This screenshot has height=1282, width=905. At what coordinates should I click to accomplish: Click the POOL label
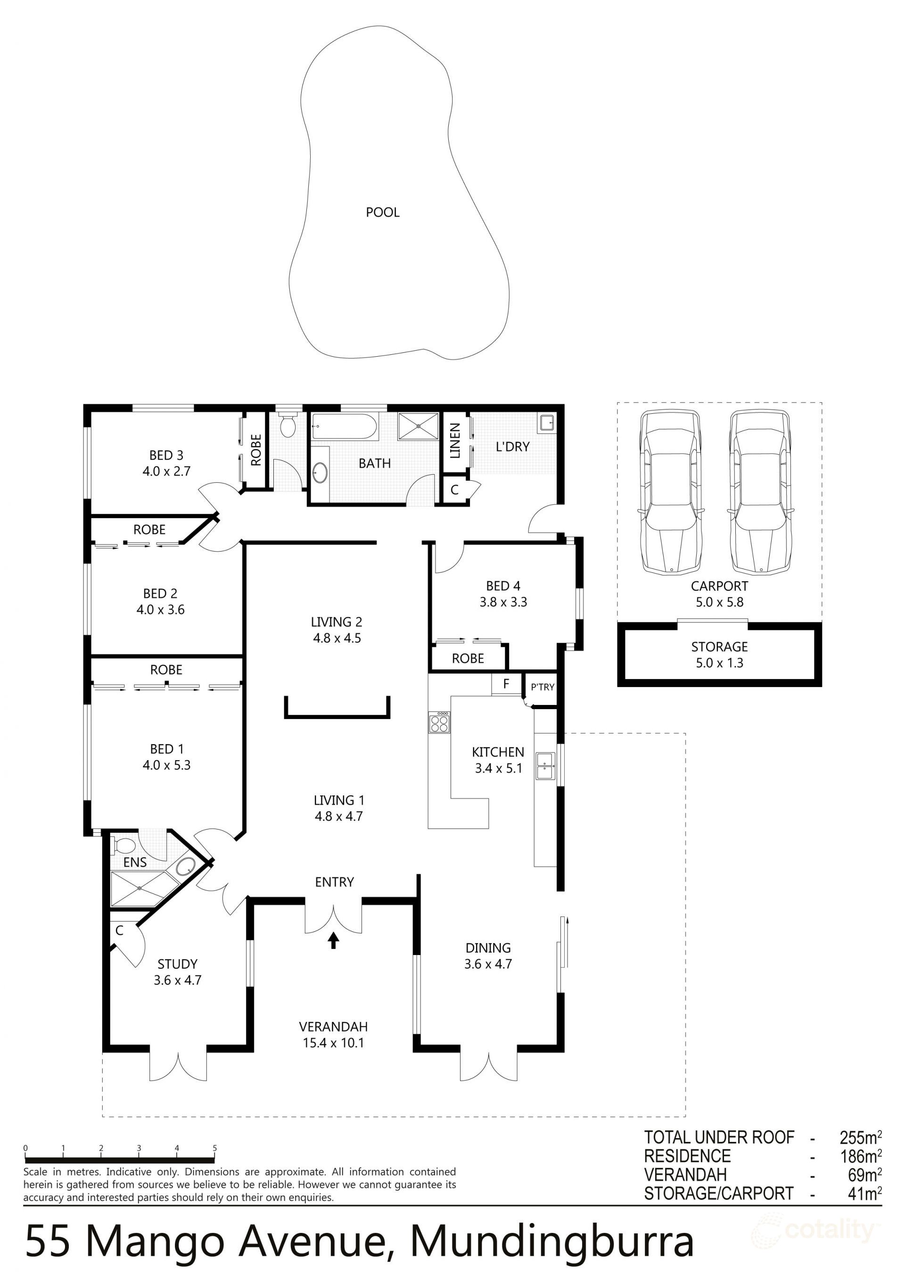point(382,212)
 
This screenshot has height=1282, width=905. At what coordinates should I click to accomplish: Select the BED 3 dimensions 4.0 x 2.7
point(166,471)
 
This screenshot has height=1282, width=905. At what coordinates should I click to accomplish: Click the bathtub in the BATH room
point(344,427)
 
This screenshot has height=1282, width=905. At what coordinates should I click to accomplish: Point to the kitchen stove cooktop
point(439,723)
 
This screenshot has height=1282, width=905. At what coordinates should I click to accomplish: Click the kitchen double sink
point(544,765)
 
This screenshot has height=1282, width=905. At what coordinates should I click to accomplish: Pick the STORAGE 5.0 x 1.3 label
point(719,654)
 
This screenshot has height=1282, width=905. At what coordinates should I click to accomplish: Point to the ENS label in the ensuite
point(135,862)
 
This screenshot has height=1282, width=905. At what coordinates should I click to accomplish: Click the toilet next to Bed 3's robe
point(288,427)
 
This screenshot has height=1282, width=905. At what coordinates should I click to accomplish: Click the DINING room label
point(488,947)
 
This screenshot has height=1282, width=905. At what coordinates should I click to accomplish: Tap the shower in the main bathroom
point(418,427)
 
